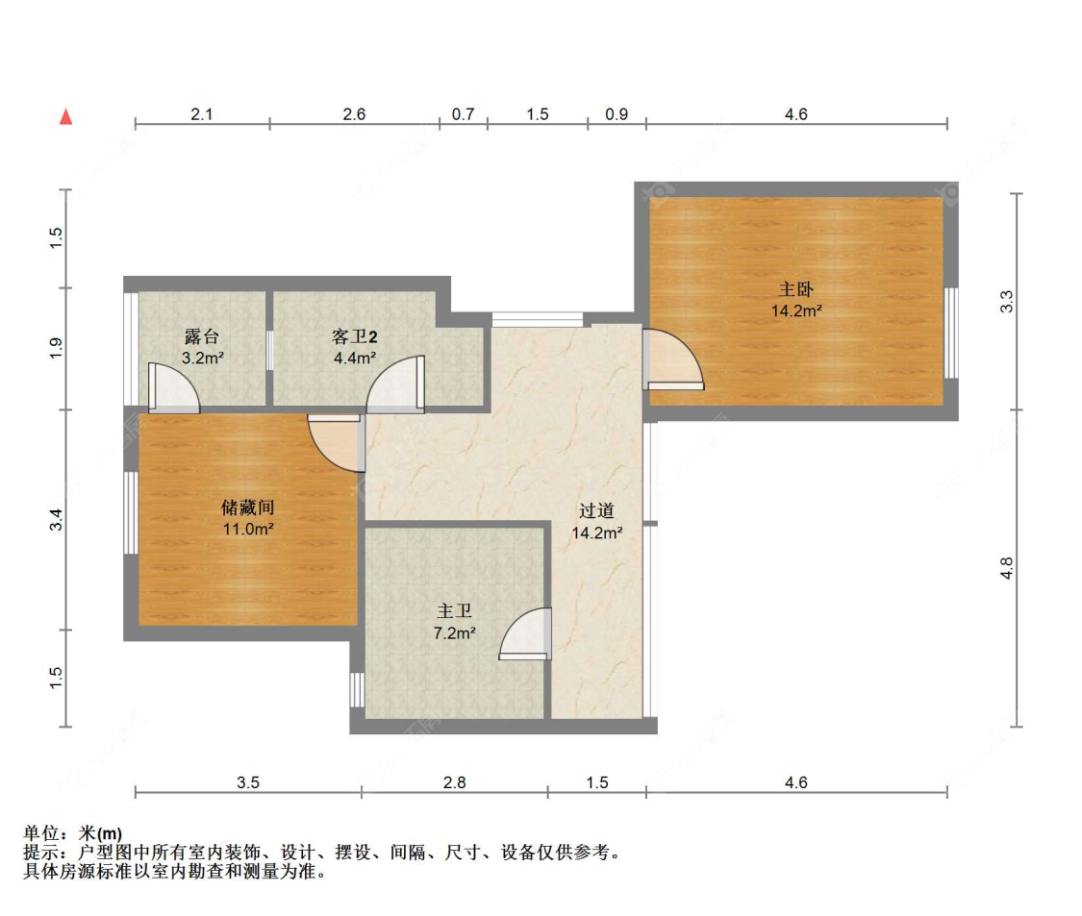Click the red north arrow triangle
pos(66,116)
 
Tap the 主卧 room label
pos(795,289)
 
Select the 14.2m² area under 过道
pos(597,533)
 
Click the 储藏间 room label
pos(248,508)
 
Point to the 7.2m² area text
pos(454,633)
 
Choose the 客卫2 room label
pos(355,336)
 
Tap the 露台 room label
pos(202,336)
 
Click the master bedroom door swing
pos(673,359)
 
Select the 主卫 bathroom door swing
pos(525,633)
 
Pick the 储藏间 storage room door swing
pos(336,442)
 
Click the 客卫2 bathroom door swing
pos(395,384)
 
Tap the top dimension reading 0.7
pos(463,113)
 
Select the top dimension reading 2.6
pos(354,113)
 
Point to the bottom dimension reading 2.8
pos(454,782)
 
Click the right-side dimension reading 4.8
pos(1007,568)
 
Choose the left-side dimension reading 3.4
pos(57,519)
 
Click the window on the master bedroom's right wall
pos(951,334)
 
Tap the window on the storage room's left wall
pos(131,512)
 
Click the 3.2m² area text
pos(203,358)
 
